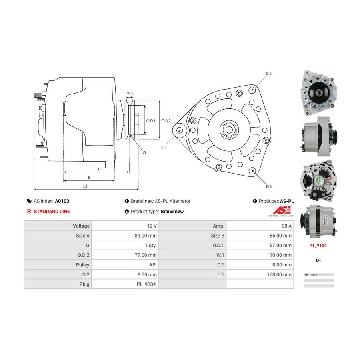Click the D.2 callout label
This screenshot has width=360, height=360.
269,74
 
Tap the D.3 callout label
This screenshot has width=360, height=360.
269,186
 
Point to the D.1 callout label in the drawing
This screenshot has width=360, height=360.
163,148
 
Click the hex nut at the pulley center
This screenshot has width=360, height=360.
228,129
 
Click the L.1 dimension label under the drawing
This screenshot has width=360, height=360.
85,186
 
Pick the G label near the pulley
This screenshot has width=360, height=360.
144,152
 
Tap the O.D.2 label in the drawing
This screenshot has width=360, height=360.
166,120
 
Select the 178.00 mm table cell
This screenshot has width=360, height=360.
280,274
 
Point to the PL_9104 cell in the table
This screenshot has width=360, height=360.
147,284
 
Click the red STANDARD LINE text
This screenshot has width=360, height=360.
52,212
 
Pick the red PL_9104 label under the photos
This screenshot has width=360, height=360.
318,246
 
